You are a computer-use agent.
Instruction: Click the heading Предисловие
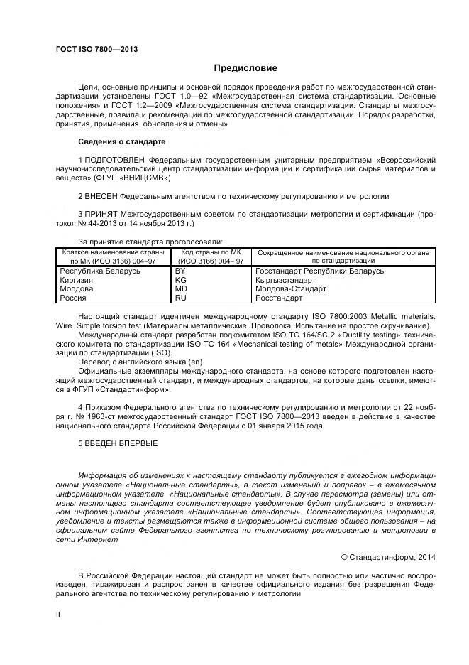[x=245, y=68]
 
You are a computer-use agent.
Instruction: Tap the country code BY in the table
[x=180, y=271]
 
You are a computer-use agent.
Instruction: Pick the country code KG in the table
[x=180, y=281]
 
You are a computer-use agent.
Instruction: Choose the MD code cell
[x=181, y=289]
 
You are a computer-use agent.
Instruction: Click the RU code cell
[x=180, y=298]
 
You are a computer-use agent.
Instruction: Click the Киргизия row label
[x=77, y=281]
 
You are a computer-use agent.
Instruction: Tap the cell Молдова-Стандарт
[x=291, y=289]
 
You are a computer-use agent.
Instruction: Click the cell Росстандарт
[x=278, y=298]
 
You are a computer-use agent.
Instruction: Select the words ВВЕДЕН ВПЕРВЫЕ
[x=121, y=443]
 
